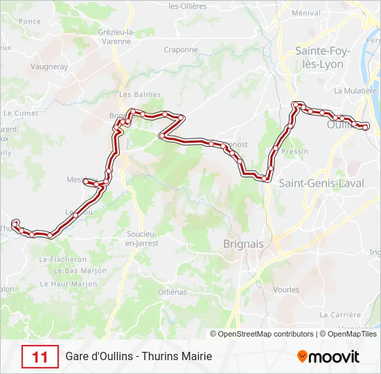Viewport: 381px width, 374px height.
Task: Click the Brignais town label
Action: tap(243, 244)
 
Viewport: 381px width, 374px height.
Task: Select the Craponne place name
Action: tap(181, 50)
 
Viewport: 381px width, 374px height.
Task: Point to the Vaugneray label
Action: tap(48, 67)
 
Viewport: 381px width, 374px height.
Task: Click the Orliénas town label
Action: tap(172, 292)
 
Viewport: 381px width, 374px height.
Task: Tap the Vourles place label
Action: tap(286, 290)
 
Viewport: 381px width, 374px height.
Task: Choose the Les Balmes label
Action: tap(140, 95)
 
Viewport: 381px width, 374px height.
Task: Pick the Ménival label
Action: tap(306, 12)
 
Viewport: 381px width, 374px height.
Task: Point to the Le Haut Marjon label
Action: tap(69, 284)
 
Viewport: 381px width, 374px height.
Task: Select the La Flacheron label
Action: tap(63, 260)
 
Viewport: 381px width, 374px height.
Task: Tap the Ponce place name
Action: tap(30, 21)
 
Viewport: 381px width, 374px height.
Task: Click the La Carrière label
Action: tap(341, 314)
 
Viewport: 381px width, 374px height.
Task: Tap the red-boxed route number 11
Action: tap(40, 357)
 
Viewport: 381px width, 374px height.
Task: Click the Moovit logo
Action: tap(328, 357)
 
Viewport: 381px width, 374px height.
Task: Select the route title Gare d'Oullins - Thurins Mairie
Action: tap(139, 357)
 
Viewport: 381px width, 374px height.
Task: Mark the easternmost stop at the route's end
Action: tap(366, 127)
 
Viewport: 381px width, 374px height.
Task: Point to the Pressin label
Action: tap(295, 151)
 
